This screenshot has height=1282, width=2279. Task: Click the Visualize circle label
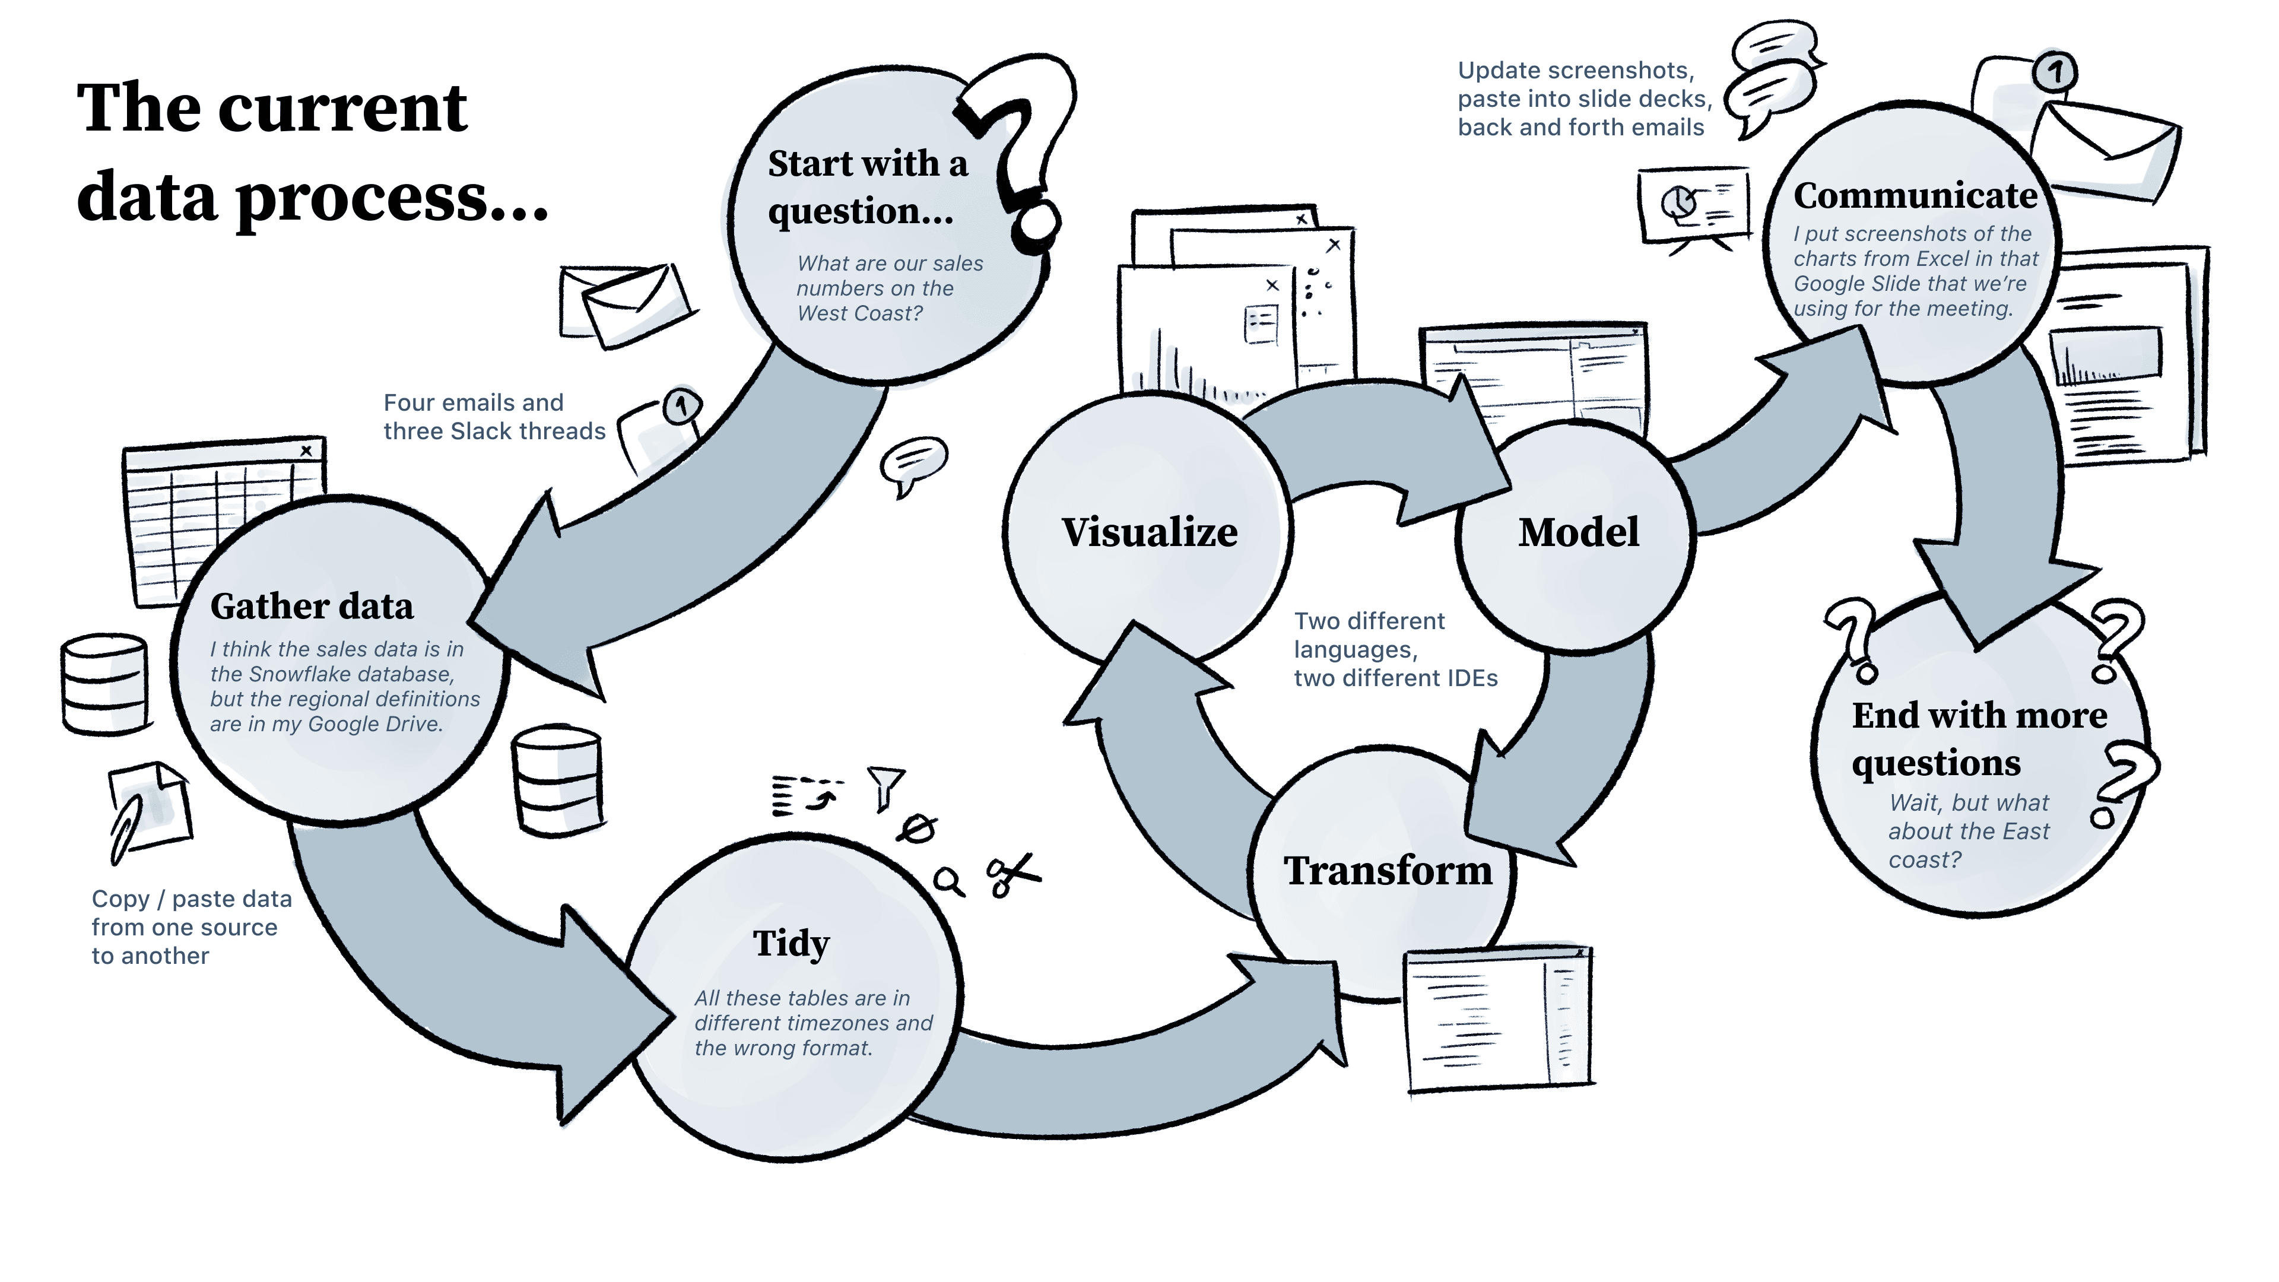coord(1149,532)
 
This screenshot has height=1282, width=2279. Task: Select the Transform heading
coord(1387,871)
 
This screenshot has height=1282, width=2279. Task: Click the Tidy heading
coord(791,944)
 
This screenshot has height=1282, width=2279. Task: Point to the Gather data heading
coord(312,607)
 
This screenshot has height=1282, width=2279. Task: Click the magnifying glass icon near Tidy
coord(948,881)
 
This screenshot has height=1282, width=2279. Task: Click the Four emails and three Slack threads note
coord(494,417)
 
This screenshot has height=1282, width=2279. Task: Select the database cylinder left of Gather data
coord(104,683)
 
